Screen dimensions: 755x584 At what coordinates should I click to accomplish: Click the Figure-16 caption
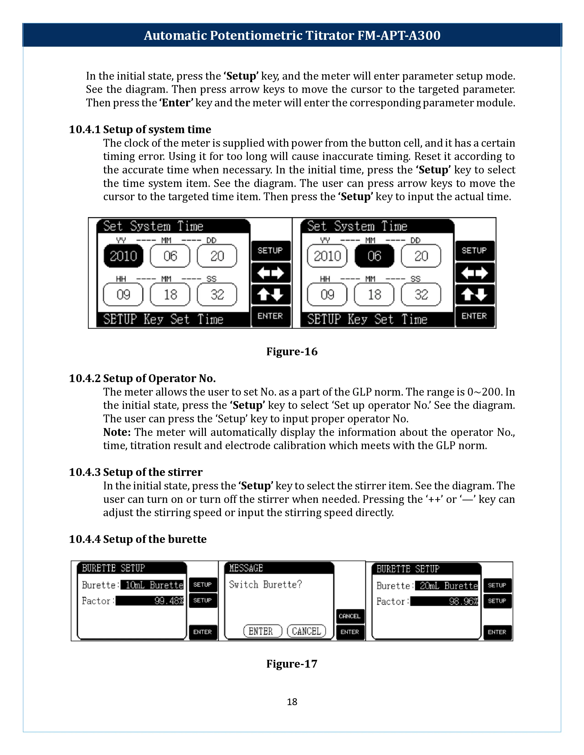[x=292, y=352]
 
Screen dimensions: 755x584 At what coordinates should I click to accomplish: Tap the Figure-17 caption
[x=292, y=664]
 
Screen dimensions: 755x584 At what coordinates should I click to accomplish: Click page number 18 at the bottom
[x=292, y=702]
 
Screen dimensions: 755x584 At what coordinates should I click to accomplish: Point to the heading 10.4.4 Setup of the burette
[x=137, y=539]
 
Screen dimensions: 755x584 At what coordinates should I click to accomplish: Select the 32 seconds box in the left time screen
[x=217, y=294]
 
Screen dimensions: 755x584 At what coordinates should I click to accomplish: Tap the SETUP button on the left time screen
[x=270, y=250]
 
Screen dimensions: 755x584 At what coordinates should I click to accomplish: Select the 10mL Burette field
[x=154, y=585]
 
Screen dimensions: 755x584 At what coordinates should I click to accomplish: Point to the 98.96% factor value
[x=444, y=601]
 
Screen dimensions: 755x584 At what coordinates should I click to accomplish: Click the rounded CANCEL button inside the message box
[x=306, y=631]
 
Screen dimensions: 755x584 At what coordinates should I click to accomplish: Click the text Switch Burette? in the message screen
[x=265, y=585]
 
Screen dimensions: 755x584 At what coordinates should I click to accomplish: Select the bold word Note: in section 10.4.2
[x=117, y=432]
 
